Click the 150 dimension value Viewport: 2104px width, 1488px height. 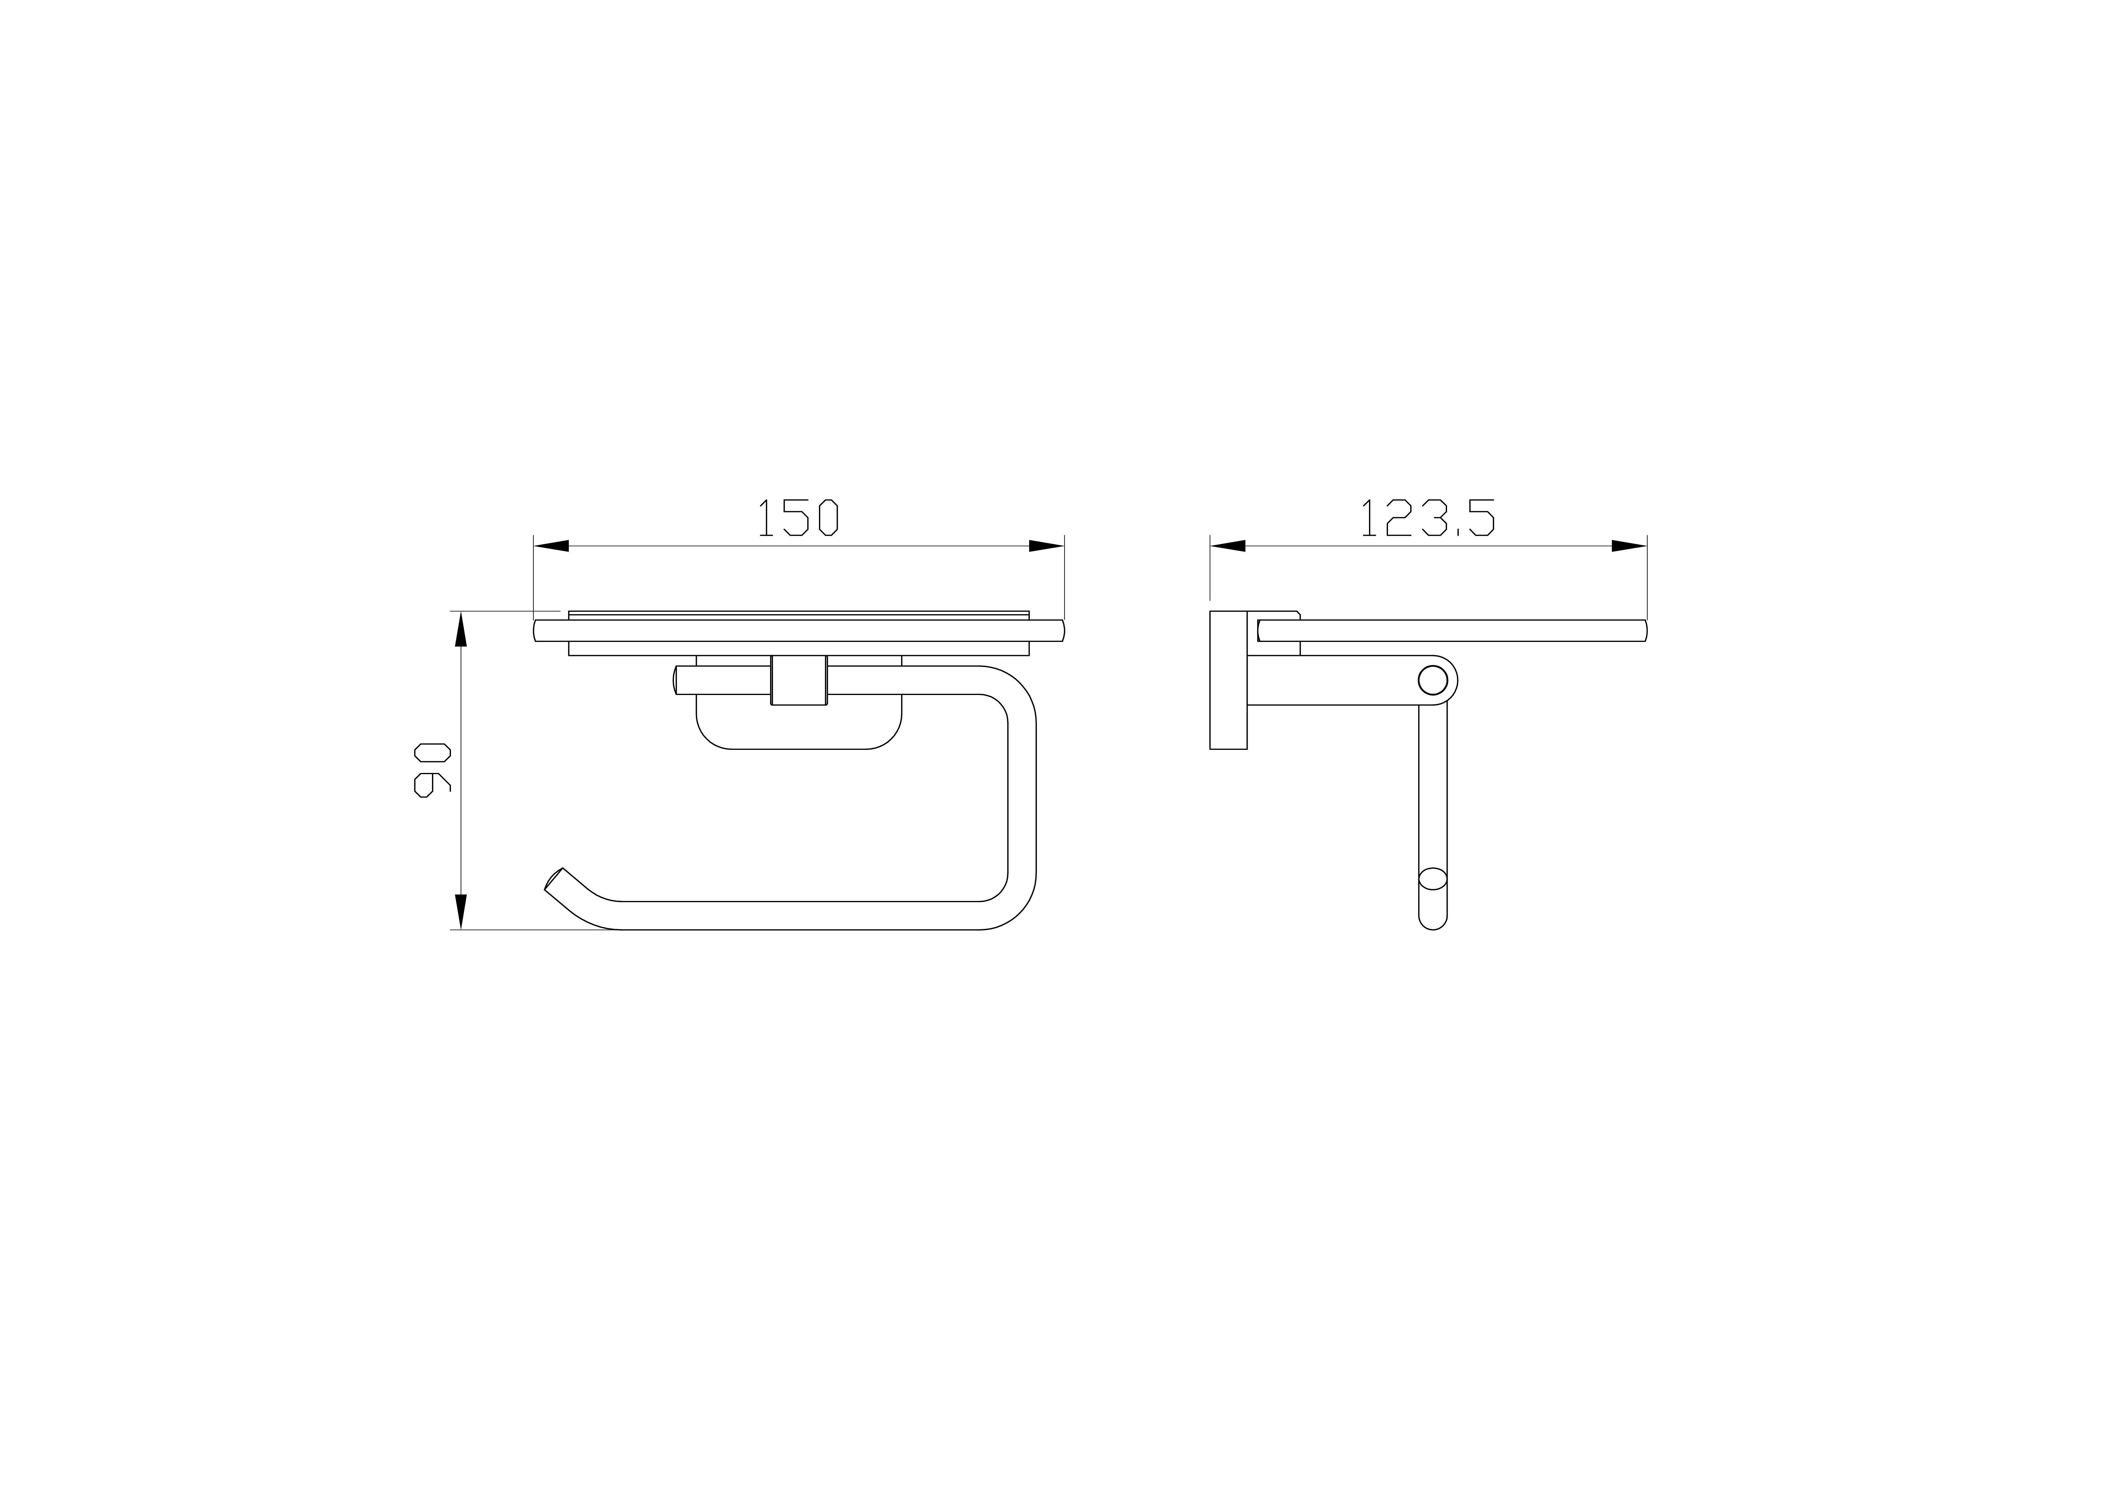pos(798,518)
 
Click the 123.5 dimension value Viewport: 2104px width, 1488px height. pos(1428,518)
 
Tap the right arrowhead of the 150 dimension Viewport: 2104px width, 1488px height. pos(1046,546)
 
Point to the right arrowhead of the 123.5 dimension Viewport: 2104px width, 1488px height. pos(1629,546)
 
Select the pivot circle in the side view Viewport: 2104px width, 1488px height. pos(1432,680)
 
